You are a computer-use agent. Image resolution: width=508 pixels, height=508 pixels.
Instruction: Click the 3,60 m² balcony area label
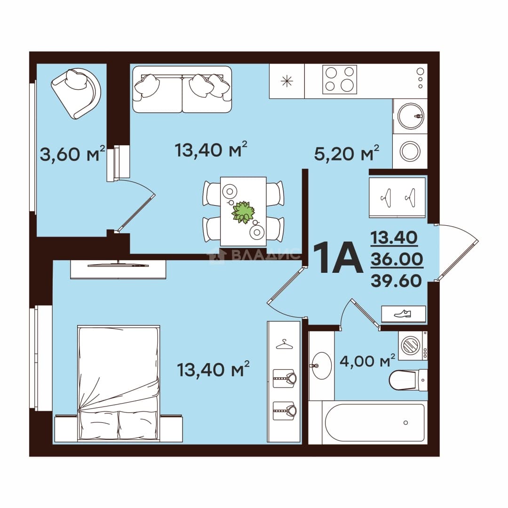[x=72, y=153]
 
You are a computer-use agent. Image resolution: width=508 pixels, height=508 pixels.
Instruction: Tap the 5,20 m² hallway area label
[x=347, y=153]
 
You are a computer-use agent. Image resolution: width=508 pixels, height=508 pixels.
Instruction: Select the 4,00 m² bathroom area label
[x=367, y=360]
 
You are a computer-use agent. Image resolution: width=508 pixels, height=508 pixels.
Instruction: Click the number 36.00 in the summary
[x=397, y=259]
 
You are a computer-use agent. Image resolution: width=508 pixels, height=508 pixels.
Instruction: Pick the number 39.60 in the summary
[x=396, y=280]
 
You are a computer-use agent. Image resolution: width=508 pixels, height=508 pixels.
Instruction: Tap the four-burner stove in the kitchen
[x=340, y=79]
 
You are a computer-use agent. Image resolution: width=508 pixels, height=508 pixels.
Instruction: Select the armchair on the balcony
[x=76, y=93]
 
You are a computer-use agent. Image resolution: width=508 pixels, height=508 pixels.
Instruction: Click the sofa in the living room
[x=182, y=89]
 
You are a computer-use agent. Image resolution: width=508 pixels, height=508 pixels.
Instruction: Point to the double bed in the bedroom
[x=119, y=383]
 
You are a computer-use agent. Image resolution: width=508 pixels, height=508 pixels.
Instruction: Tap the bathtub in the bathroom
[x=374, y=422]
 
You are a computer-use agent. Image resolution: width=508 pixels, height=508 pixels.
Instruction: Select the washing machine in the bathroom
[x=413, y=345]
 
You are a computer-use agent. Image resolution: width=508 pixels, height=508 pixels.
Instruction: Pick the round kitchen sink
[x=411, y=116]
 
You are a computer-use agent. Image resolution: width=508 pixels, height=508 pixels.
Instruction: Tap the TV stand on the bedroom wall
[x=118, y=269]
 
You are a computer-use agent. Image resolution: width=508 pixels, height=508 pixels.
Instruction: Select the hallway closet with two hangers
[x=397, y=197]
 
